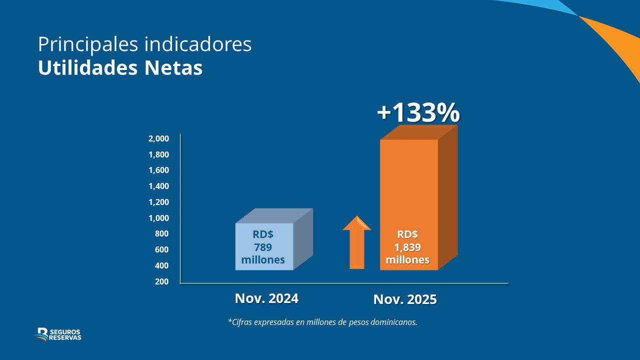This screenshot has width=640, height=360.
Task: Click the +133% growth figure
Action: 418,113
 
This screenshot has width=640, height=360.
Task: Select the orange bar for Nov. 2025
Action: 409,190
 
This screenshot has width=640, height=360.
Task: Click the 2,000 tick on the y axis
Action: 158,138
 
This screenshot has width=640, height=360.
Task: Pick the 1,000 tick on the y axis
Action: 158,218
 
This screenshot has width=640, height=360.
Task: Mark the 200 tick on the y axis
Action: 161,281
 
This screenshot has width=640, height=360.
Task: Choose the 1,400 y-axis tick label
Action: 158,186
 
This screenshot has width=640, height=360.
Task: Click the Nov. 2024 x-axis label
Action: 266,298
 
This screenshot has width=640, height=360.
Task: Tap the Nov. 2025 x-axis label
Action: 405,299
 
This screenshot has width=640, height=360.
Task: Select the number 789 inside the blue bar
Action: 263,247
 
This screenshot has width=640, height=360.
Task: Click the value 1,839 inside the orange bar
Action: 407,247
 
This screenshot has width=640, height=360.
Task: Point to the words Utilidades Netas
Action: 120,68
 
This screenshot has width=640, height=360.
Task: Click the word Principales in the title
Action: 88,44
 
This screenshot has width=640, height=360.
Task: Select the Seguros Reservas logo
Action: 58,334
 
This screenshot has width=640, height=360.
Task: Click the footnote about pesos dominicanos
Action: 322,322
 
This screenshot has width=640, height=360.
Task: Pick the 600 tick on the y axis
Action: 161,249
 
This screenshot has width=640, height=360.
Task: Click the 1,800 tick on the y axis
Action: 158,154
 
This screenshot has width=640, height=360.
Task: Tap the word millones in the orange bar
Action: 407,260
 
